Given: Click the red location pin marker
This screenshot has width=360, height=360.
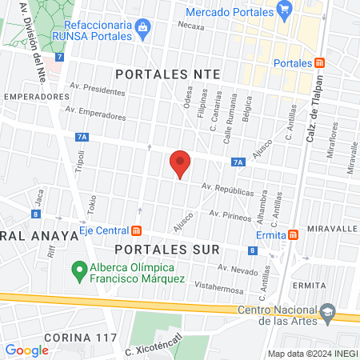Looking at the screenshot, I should pyautogui.click(x=181, y=164).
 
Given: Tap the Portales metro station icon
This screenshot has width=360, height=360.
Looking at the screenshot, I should pyautogui.click(x=319, y=63).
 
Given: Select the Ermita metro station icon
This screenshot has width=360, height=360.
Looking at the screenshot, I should pyautogui.click(x=294, y=234).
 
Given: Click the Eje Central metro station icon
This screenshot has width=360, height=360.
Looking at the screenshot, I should pyautogui.click(x=136, y=232).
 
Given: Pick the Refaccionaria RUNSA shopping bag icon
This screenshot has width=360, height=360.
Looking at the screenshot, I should pyautogui.click(x=142, y=28).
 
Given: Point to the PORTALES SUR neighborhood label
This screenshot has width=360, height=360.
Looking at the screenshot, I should pyautogui.click(x=166, y=250).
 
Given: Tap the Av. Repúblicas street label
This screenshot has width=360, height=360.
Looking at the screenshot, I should pyautogui.click(x=228, y=191).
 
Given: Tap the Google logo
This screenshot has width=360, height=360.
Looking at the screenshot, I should pyautogui.click(x=26, y=350).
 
